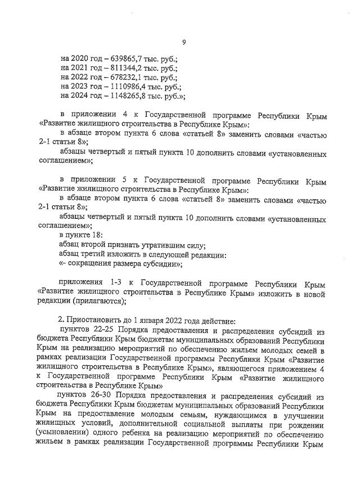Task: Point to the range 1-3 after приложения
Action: [x=106, y=281]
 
